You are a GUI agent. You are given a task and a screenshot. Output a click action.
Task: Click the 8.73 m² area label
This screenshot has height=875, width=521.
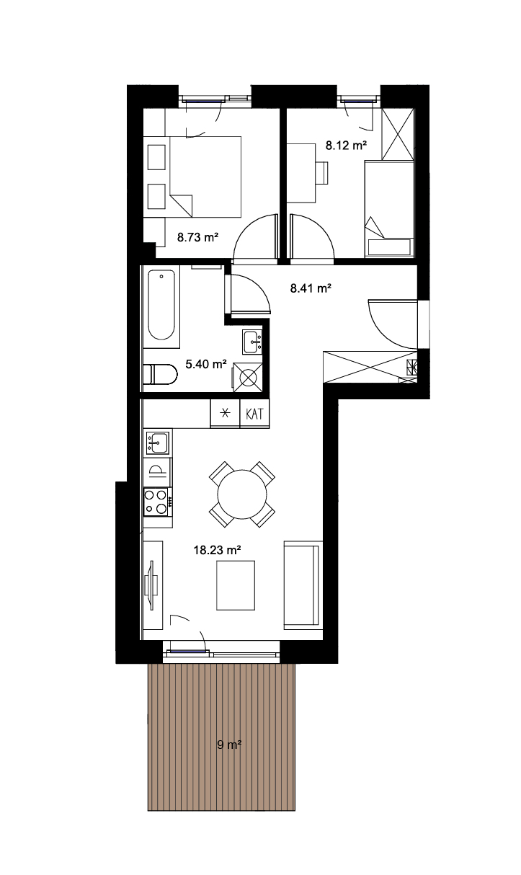pos(197,237)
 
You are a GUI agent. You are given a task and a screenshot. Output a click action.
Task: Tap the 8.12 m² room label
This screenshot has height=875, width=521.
pos(347,146)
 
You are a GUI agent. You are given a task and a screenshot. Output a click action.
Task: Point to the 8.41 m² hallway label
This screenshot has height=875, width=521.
pos(311,288)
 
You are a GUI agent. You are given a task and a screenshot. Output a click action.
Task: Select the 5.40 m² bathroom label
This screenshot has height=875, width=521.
pos(206,365)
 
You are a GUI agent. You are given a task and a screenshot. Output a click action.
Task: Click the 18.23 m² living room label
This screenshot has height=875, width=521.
pos(217,551)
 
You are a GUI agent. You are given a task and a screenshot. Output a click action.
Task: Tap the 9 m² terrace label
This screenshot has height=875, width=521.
pos(229,745)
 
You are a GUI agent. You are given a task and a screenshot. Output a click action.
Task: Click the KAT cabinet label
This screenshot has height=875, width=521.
pos(254,414)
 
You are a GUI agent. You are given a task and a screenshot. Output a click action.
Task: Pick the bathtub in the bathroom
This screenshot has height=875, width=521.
pos(161,307)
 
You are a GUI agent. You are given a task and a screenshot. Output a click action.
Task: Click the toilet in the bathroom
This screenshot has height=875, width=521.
pos(161,375)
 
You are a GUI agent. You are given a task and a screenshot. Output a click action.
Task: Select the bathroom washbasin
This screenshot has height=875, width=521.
pos(252,342)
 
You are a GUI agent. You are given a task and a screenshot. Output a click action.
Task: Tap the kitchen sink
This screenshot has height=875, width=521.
pos(158,443)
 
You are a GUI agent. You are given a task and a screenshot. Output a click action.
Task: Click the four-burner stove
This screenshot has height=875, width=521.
pos(157,502)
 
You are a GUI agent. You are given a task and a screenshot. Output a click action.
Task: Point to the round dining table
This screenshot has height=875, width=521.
pos(242,494)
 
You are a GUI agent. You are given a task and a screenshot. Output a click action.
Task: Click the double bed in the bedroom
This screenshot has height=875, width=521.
pos(205,177)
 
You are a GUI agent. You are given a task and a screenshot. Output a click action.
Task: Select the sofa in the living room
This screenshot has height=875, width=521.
pos(303,585)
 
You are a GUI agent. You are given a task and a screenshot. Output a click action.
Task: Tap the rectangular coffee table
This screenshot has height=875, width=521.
pos(236,585)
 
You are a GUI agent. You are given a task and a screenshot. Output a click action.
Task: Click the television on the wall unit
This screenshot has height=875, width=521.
pos(151,585)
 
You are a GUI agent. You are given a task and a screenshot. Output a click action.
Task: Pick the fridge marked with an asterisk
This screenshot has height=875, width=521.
pos(225,413)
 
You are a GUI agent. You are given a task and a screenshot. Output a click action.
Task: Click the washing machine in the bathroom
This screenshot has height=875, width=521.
pos(248,377)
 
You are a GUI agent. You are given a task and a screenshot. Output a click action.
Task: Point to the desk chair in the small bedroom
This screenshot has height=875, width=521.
pos(322,173)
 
